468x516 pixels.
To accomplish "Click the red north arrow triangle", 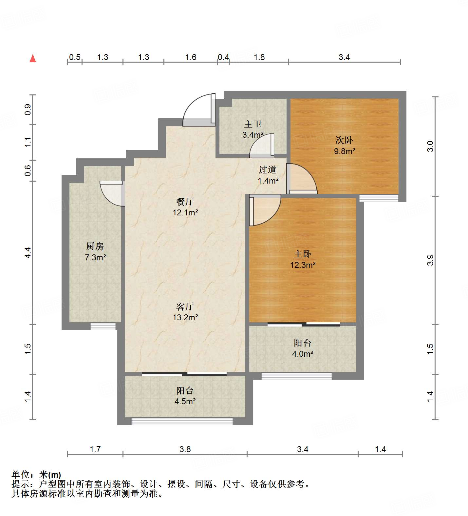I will pos(33,58).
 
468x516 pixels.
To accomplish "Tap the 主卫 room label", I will pos(253,124).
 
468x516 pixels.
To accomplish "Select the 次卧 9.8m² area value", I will pos(345,151).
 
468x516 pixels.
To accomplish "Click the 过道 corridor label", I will pos(268,169).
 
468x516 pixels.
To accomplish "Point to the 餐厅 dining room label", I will pos(185,202).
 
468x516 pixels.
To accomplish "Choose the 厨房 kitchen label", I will pos(95,246).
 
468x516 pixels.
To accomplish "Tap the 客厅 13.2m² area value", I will pos(185,317).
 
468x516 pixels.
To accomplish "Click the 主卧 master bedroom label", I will pos(303,254).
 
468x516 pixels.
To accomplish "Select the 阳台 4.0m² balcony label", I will pos(302,343).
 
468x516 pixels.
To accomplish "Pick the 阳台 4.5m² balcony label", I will pos(185,391).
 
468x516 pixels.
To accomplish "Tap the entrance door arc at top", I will pos(197,110).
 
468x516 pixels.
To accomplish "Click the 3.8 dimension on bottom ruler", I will pos(185,449).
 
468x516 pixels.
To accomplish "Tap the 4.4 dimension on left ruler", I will pos(28,252).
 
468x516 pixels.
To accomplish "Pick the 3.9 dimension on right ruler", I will pos(430,260).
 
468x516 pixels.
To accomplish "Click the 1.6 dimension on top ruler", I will pos(191,57).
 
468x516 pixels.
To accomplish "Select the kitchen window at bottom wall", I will pos(103,326).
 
